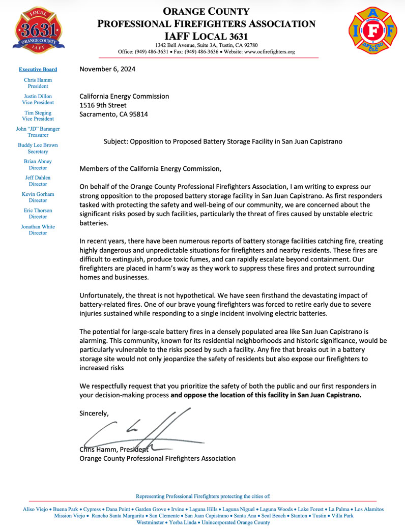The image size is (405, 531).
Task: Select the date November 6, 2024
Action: point(107,70)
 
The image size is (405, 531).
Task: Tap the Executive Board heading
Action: point(38,69)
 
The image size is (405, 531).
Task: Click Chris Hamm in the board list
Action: point(38,80)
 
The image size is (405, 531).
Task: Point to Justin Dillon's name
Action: point(38,96)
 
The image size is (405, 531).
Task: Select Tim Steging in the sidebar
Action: point(38,112)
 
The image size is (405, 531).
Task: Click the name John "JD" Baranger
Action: point(38,129)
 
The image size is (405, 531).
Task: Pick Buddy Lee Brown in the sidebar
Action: point(38,145)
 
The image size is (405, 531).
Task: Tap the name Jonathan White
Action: point(38,226)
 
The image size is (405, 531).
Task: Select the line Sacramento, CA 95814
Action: point(114,114)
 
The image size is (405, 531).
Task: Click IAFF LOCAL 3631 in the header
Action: point(206,37)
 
